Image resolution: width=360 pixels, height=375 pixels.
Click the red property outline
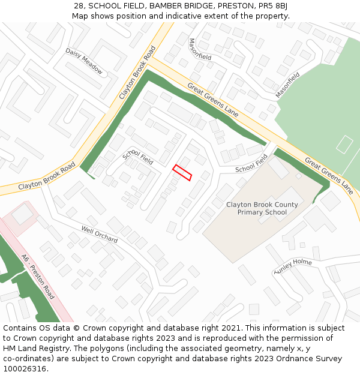[x=182, y=172]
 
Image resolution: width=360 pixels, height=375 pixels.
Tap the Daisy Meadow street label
[x=84, y=62]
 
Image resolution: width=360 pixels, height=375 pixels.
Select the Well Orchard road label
[x=100, y=234]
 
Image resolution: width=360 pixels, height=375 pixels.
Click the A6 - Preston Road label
[x=38, y=277]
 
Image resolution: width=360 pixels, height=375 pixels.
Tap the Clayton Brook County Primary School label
[x=262, y=208]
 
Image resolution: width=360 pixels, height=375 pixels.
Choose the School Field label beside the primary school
[x=251, y=163]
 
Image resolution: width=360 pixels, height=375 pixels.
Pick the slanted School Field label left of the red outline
[x=138, y=158]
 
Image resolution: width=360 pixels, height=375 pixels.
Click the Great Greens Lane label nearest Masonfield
[x=213, y=100]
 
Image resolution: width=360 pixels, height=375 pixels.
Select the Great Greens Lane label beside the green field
[x=329, y=176]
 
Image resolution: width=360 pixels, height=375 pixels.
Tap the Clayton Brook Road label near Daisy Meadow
[x=137, y=73]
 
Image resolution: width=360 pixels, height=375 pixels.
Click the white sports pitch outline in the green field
[x=344, y=145]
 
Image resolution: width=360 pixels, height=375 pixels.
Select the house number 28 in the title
[x=79, y=6]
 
